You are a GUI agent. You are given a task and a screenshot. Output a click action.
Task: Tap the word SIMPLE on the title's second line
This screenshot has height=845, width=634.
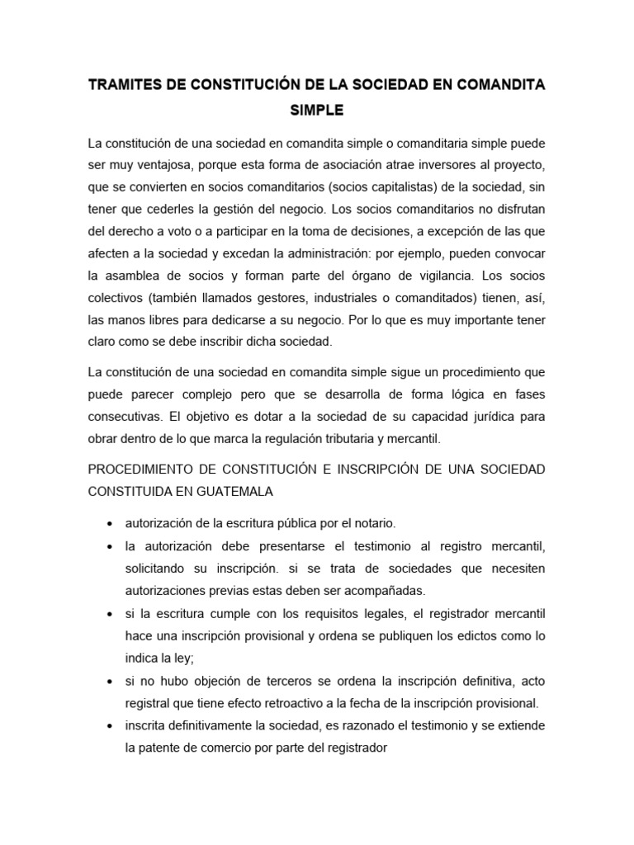tap(317, 109)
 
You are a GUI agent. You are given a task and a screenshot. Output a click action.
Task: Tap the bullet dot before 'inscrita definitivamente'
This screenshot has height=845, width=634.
tap(111, 726)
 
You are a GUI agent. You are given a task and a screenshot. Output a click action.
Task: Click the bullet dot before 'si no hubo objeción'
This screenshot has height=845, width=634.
tap(111, 681)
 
